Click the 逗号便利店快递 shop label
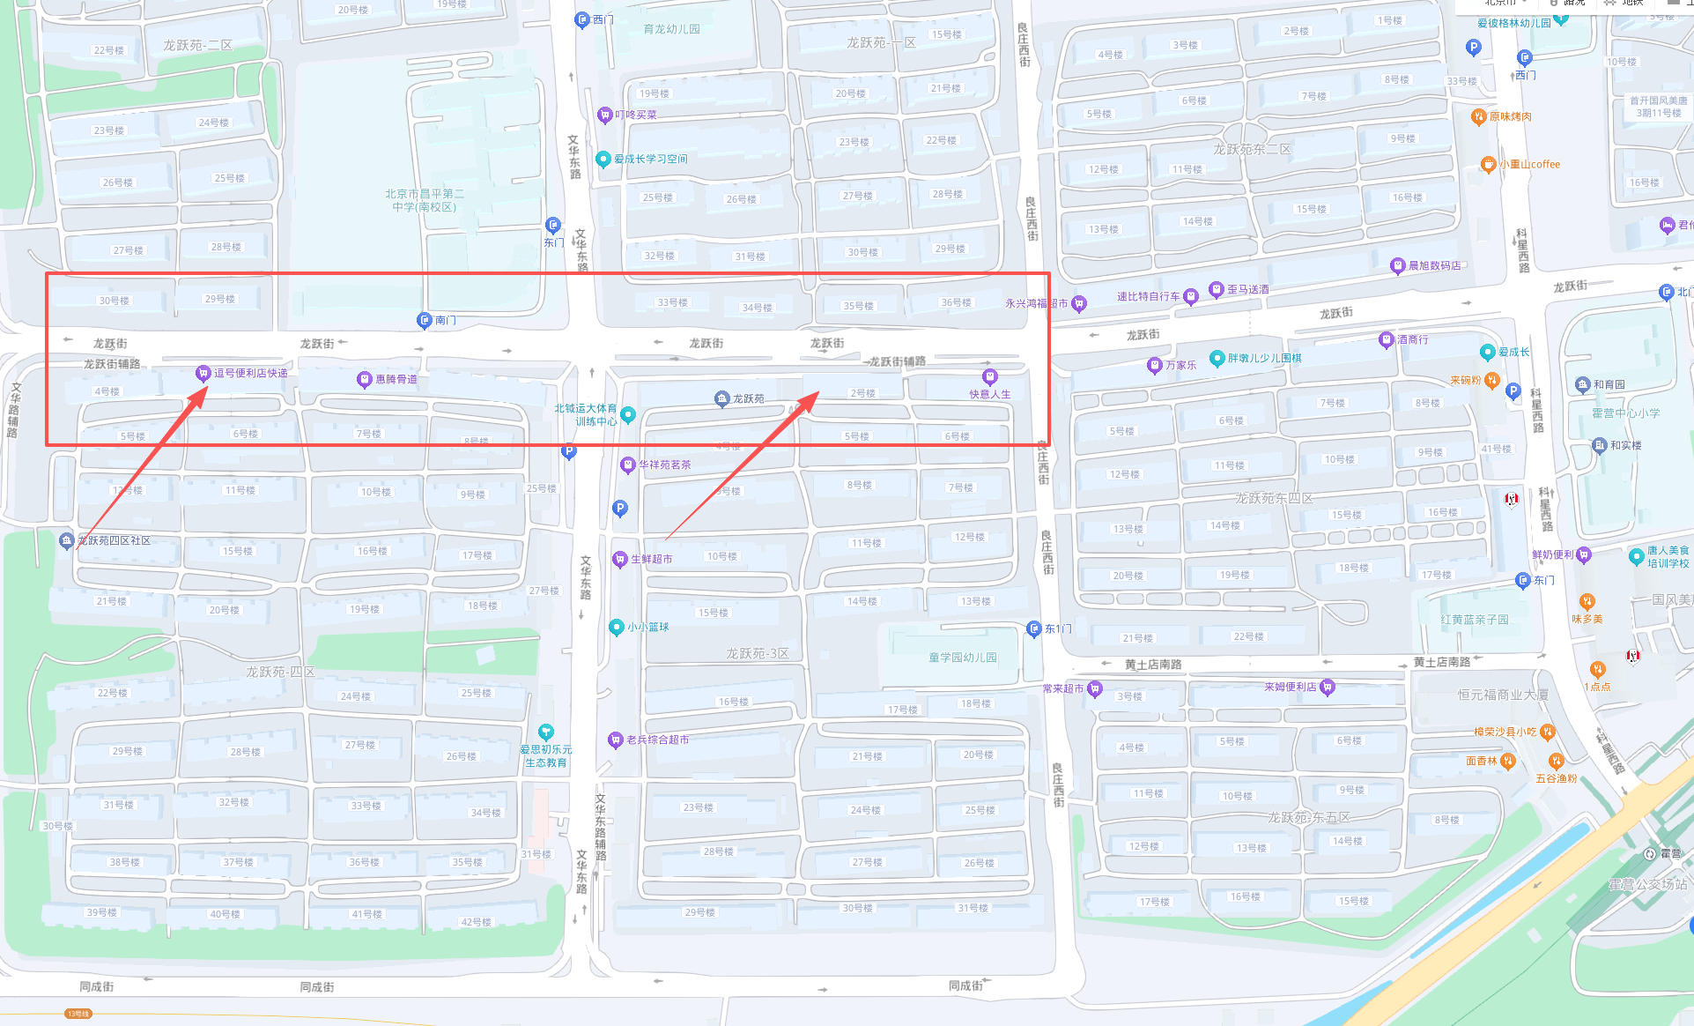click(x=250, y=373)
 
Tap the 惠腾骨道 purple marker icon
click(x=364, y=380)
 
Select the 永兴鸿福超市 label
click(x=1036, y=303)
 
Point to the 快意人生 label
click(x=989, y=394)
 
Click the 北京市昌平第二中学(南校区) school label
click(x=424, y=200)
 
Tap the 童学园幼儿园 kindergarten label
click(x=962, y=658)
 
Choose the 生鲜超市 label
click(x=651, y=559)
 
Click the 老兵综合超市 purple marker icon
click(x=616, y=740)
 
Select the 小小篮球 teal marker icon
click(x=617, y=627)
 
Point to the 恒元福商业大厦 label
click(x=1502, y=695)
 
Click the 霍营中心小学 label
click(x=1625, y=413)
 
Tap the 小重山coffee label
click(x=1529, y=164)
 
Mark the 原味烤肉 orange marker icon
click(x=1479, y=116)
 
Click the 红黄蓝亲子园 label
click(x=1474, y=620)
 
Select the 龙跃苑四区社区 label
click(x=114, y=540)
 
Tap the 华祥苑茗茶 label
click(x=664, y=465)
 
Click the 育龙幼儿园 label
click(x=671, y=29)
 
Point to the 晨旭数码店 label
click(x=1434, y=265)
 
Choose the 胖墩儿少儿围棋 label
click(x=1264, y=358)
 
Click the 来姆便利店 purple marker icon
click(x=1328, y=687)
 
